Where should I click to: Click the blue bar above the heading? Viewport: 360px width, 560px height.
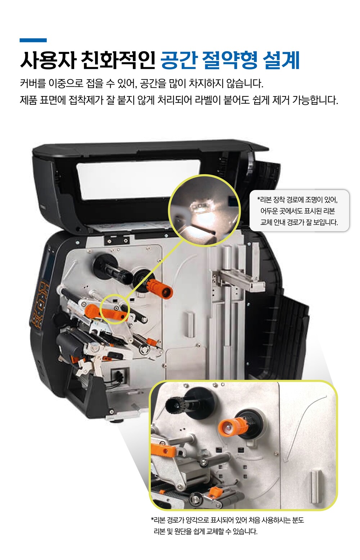pyautogui.click(x=33, y=40)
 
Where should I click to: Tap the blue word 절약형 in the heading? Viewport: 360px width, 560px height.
pyautogui.click(x=229, y=60)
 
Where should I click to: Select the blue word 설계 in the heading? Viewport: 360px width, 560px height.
pyautogui.click(x=281, y=60)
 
